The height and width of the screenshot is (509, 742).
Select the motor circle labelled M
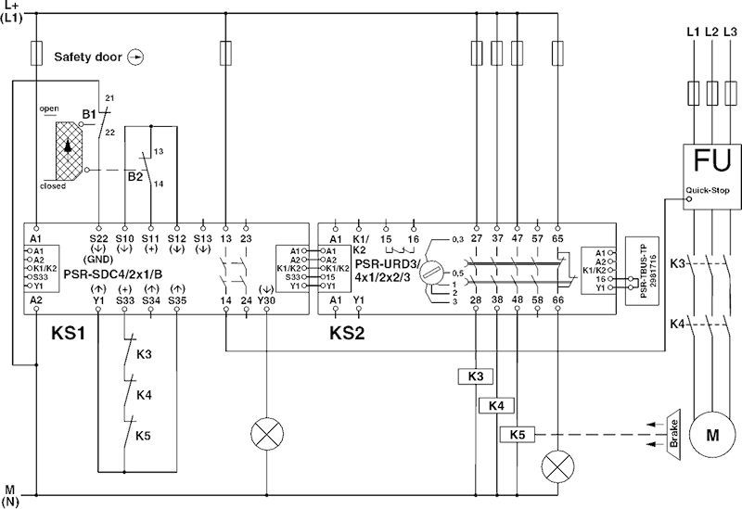click(712, 435)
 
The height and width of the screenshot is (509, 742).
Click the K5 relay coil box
click(518, 434)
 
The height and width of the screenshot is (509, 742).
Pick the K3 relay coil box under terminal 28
click(474, 375)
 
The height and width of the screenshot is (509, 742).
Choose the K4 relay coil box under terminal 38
click(496, 405)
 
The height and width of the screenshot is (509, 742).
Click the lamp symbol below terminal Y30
click(267, 433)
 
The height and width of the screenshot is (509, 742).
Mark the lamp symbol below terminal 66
click(557, 463)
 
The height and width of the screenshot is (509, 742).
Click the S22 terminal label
click(100, 239)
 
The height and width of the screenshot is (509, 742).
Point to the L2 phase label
click(712, 32)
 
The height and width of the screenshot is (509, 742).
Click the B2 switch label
click(134, 172)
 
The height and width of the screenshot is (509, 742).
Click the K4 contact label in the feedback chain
click(144, 395)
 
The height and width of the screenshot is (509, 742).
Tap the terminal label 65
click(558, 239)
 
